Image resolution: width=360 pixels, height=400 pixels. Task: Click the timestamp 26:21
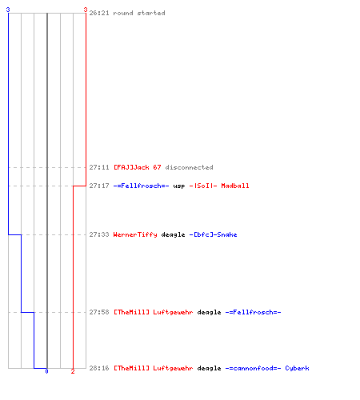click(99, 13)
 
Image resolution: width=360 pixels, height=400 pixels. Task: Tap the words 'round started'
click(139, 13)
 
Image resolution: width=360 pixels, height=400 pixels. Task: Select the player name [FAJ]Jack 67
click(138, 167)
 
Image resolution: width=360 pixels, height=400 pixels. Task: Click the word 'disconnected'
click(189, 167)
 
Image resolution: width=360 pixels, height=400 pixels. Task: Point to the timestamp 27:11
click(99, 167)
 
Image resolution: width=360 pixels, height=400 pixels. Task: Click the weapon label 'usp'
click(179, 186)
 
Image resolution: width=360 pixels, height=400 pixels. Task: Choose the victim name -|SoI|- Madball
click(219, 186)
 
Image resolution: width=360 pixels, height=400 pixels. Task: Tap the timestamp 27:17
click(99, 186)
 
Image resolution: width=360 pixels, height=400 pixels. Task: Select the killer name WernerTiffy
click(135, 234)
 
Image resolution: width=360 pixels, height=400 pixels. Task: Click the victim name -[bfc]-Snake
click(213, 234)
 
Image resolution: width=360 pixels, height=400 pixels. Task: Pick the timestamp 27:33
click(99, 234)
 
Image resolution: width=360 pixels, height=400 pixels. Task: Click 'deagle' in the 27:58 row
click(209, 312)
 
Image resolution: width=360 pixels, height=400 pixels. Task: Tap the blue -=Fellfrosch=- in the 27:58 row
click(253, 312)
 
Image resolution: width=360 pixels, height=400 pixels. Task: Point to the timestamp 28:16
click(99, 368)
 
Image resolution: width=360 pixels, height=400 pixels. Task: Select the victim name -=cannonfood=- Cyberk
click(267, 368)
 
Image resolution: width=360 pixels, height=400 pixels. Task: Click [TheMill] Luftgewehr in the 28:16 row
click(154, 368)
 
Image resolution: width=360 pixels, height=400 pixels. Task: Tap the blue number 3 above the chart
click(8, 10)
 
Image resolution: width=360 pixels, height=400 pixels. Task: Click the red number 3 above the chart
click(86, 10)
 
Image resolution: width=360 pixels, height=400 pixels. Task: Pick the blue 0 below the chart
click(46, 371)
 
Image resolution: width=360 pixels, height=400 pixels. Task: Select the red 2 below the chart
click(73, 371)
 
